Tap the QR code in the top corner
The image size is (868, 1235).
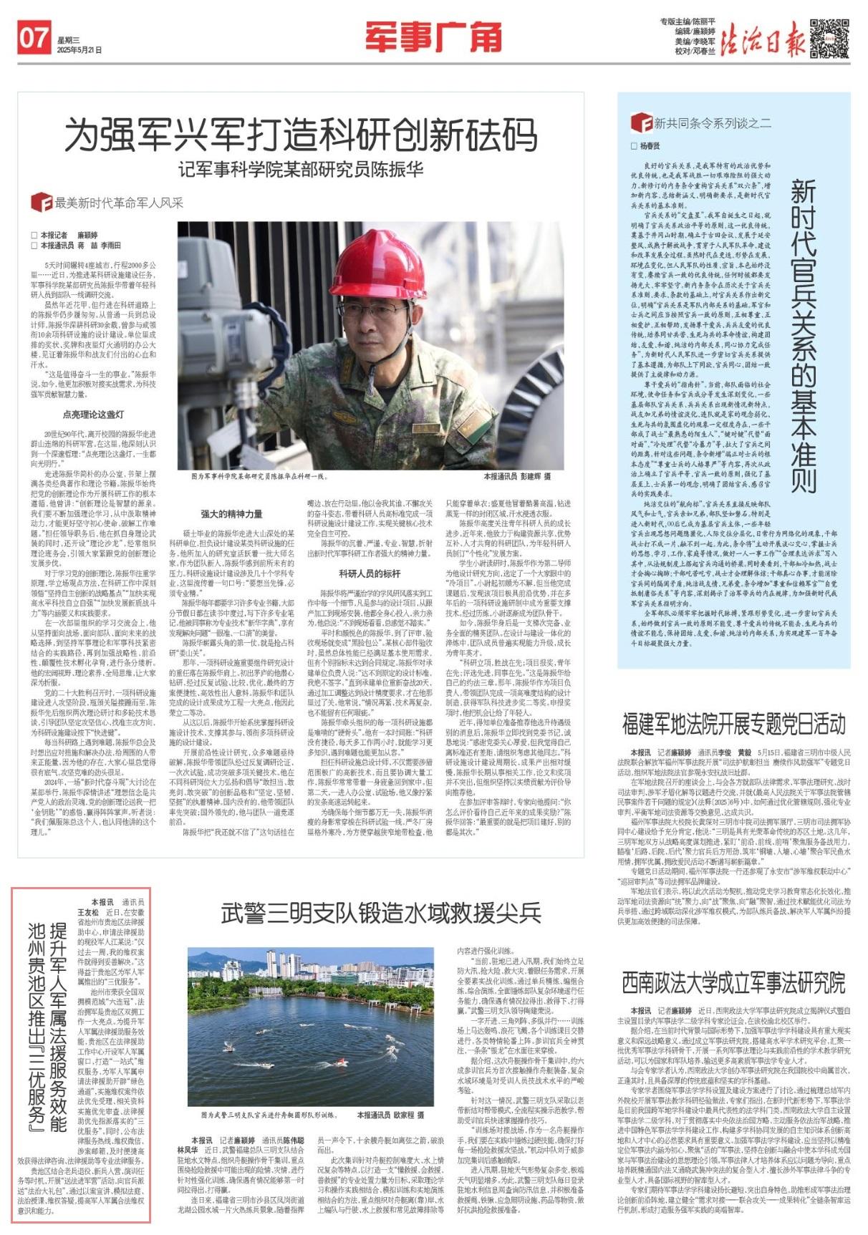829,39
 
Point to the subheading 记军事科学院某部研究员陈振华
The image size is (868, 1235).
301,169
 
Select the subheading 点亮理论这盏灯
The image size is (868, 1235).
93,415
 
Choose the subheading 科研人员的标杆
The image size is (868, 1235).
370,573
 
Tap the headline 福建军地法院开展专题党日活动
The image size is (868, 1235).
733,725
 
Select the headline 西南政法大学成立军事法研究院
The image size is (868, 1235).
733,982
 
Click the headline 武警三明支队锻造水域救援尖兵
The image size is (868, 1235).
380,913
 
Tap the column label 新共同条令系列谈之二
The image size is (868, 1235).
712,123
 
